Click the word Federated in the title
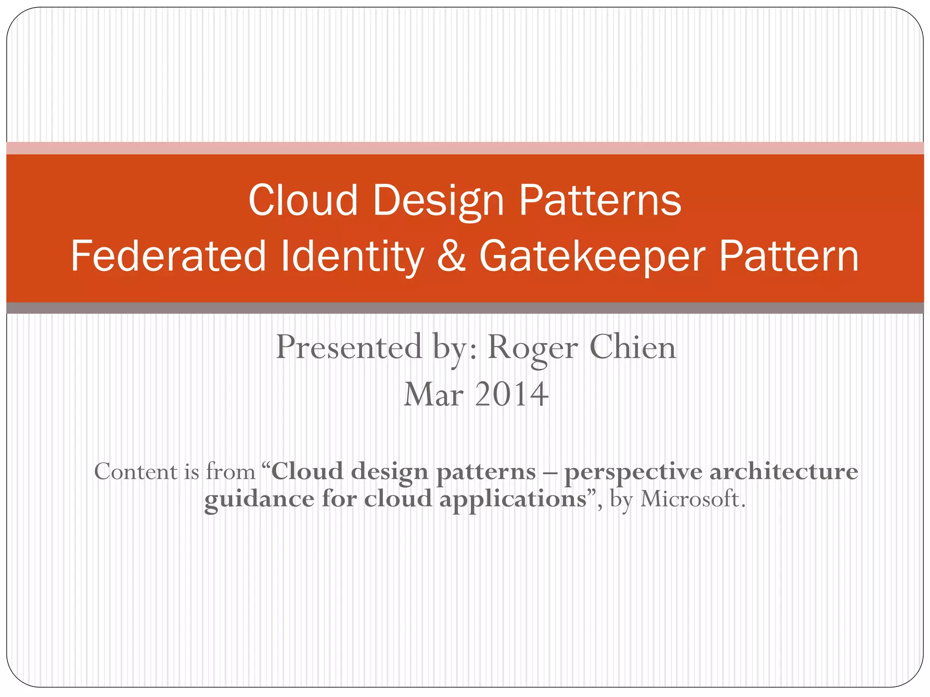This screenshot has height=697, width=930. click(168, 256)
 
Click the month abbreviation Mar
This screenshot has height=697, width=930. click(434, 394)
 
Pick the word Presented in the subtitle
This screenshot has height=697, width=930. click(349, 347)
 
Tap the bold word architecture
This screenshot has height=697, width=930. click(784, 472)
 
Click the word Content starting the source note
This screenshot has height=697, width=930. click(136, 472)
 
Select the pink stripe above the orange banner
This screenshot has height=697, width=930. click(465, 148)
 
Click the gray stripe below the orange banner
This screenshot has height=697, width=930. click(465, 308)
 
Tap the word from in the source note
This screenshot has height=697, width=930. click(231, 472)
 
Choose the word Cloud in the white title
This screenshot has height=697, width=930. click(303, 201)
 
